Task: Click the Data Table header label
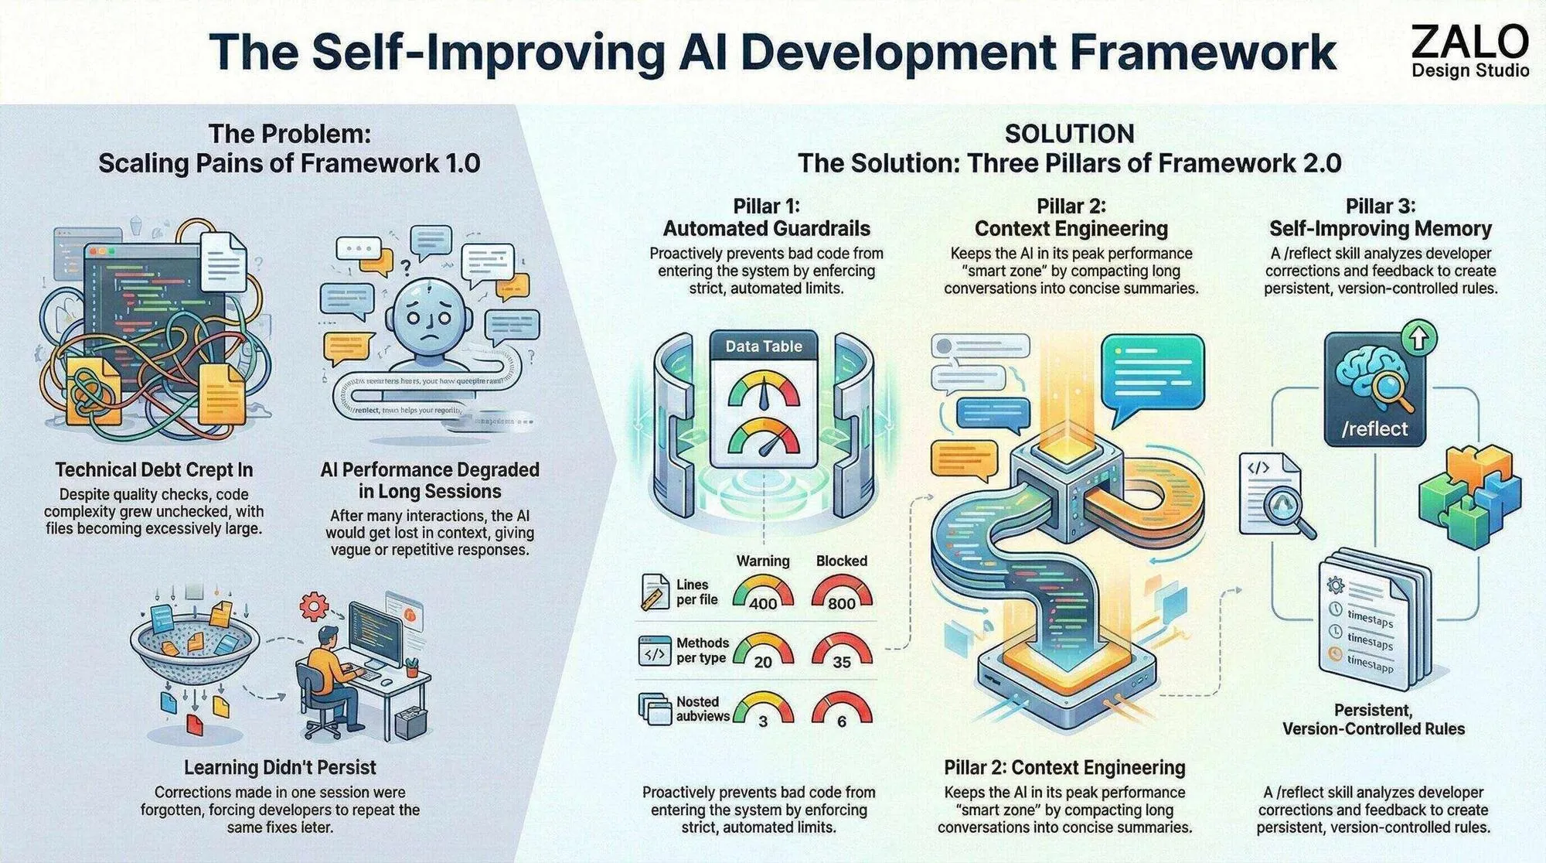763,346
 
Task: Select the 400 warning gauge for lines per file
763,594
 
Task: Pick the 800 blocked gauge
841,594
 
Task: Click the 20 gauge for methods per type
763,652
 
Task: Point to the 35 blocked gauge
841,652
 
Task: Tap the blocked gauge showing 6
841,711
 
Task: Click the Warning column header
763,561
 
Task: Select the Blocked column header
841,561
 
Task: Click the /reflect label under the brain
1374,429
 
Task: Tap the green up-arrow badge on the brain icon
1423,338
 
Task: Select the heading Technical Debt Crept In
154,469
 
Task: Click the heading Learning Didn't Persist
280,767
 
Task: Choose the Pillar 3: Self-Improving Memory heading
1380,217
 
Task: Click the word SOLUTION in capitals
1069,134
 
